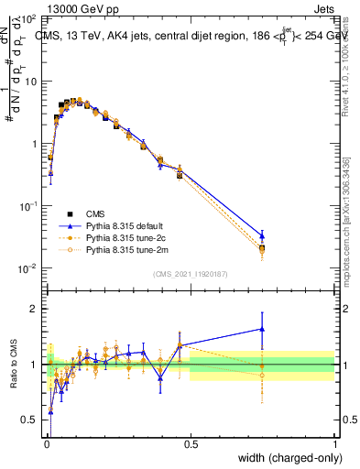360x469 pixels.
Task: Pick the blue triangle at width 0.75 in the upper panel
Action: [x=262, y=235]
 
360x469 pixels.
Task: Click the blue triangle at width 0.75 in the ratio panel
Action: [x=262, y=329]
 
